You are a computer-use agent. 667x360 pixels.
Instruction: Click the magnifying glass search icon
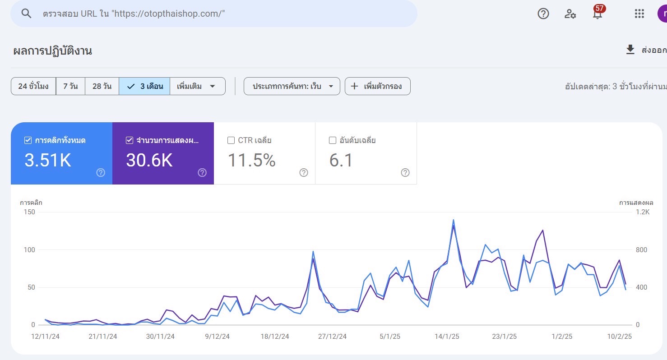pos(27,14)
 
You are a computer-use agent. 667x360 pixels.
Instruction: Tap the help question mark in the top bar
pos(543,14)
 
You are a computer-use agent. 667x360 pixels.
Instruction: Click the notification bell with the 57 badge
pos(598,14)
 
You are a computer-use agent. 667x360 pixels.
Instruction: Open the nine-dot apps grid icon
pos(639,14)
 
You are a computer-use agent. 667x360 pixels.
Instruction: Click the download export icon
pos(630,50)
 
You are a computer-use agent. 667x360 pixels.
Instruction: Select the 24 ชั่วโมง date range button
pos(33,86)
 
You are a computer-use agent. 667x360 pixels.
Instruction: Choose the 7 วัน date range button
pos(70,86)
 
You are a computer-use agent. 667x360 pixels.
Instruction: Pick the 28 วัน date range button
pos(102,86)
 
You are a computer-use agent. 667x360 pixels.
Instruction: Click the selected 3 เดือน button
pos(144,86)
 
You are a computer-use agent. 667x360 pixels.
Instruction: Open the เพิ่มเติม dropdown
pos(197,86)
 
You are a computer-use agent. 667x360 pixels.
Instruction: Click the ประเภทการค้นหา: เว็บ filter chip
pos(292,86)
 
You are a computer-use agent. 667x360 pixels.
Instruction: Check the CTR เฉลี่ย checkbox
pos(231,140)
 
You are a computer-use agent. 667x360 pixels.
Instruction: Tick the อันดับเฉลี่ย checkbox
pos(333,140)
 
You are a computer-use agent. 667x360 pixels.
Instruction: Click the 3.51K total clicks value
pos(48,161)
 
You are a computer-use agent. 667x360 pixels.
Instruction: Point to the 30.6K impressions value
pos(149,161)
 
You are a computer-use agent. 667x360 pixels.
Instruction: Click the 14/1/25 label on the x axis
pos(447,337)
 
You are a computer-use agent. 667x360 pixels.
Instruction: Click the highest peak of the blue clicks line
pos(453,220)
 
